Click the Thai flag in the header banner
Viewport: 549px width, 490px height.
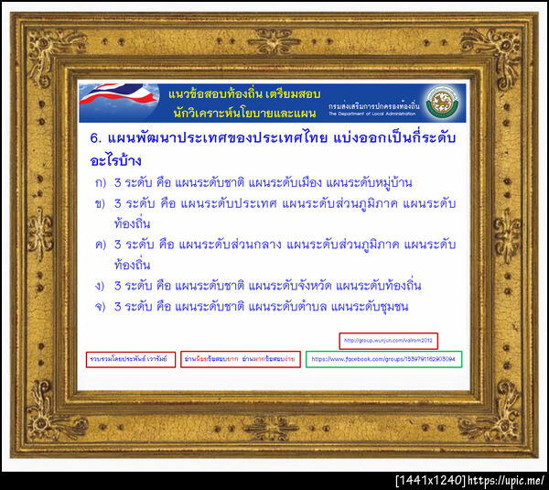tap(115, 101)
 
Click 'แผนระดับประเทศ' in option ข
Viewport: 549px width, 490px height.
tap(233, 203)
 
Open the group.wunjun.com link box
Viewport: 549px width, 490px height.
tap(388, 341)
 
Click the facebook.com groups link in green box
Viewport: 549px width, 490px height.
tap(383, 359)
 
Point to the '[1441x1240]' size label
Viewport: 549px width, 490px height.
tap(430, 480)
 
